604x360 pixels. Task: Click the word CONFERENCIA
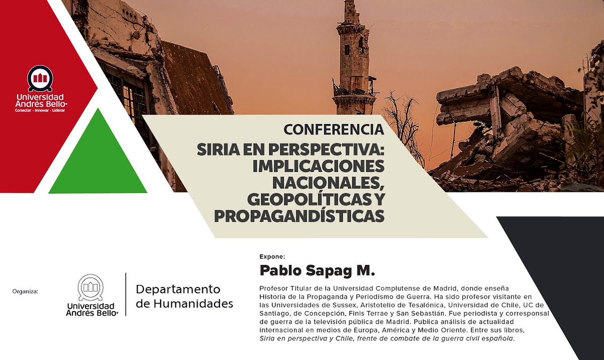click(334, 129)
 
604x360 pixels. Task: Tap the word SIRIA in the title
click(218, 150)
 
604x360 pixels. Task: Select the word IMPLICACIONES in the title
click(319, 166)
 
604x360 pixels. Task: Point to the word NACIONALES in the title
click(328, 183)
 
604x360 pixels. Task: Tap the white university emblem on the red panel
click(40, 79)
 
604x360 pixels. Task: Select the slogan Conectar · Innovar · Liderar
click(40, 110)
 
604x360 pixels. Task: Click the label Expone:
click(272, 256)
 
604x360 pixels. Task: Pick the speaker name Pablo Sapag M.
click(317, 270)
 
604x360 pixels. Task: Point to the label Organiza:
click(25, 292)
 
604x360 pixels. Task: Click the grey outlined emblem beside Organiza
click(91, 287)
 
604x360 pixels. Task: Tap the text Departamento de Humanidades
click(184, 297)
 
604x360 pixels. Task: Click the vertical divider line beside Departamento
click(126, 294)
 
